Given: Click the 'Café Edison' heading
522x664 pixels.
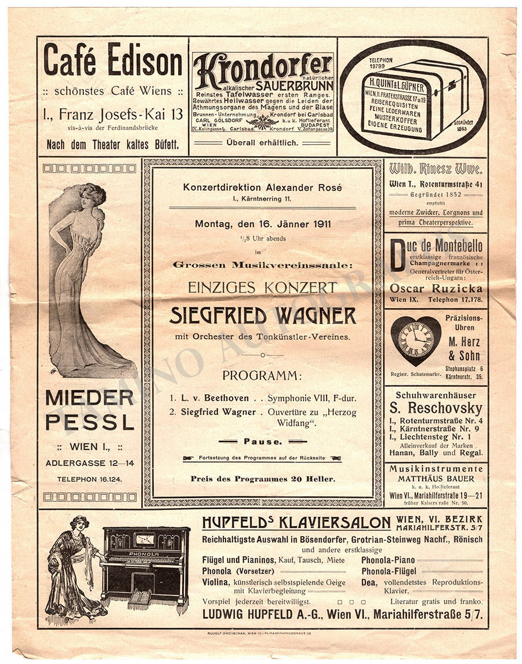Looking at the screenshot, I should (x=113, y=63).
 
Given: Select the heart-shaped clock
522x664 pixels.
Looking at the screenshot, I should (x=415, y=340).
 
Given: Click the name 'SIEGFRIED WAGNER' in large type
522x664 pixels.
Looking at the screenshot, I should (x=263, y=315).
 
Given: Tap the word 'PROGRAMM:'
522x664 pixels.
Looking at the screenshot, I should (x=262, y=375).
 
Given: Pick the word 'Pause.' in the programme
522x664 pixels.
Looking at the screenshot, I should (x=262, y=442).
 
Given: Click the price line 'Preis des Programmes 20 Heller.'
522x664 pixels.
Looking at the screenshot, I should (x=262, y=479).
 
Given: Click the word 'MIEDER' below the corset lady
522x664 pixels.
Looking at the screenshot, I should (x=89, y=398).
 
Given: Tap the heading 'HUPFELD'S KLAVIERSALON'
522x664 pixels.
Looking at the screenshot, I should (x=296, y=523).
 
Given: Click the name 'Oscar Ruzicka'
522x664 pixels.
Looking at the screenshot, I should (x=436, y=288).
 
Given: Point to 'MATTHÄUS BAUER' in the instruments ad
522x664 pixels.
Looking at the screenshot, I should (x=436, y=479).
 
